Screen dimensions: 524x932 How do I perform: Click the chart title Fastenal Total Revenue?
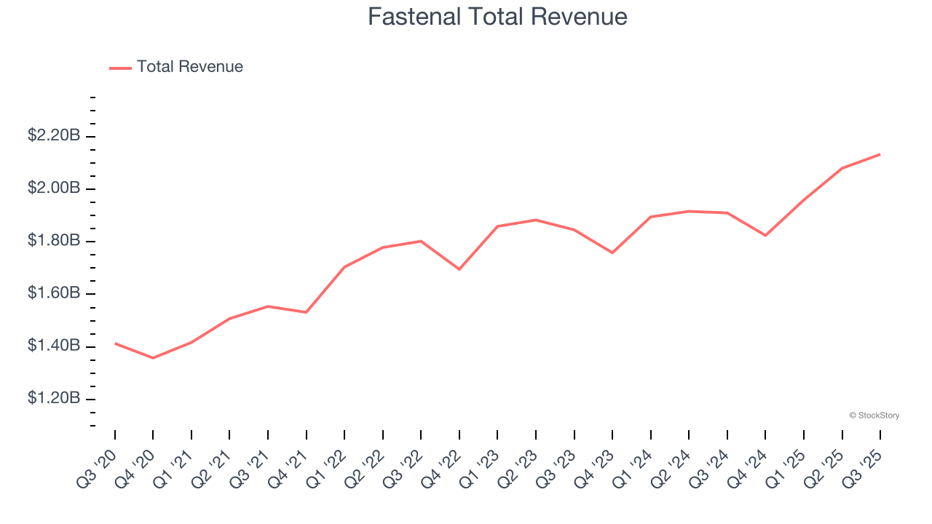497,17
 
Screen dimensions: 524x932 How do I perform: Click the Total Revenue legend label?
189,67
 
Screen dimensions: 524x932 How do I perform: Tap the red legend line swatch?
120,68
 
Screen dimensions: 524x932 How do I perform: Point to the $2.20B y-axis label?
53,135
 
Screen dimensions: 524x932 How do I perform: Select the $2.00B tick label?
53,188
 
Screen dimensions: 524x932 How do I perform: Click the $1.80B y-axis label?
53,240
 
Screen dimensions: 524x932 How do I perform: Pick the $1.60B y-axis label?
53,293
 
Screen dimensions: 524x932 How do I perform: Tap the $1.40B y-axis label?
53,345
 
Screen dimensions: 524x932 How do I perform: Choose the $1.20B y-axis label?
53,398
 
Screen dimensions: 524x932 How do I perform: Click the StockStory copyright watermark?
874,416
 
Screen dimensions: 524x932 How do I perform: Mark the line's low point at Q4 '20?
153,358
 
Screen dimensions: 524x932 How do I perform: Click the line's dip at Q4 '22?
459,269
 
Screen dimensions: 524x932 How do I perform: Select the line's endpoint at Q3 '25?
880,154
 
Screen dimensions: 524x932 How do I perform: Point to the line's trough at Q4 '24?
765,235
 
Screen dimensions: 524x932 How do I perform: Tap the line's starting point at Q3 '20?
115,343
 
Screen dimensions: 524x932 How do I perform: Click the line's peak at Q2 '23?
536,220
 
